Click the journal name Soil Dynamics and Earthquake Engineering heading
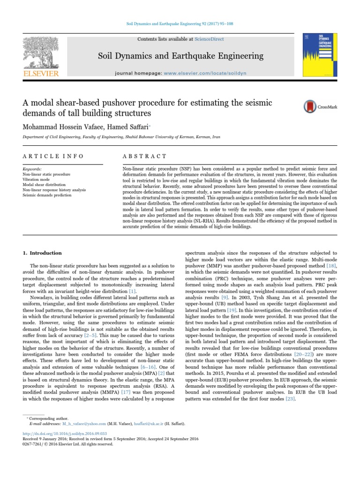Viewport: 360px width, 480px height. [180, 56]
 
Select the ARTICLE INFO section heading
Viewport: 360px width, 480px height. [53, 156]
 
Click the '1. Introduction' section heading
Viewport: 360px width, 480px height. [42, 253]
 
